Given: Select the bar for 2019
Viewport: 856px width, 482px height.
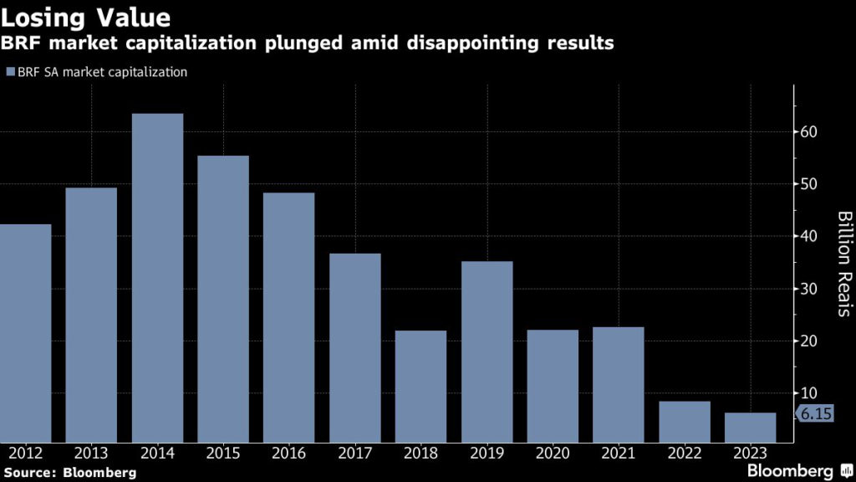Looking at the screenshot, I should (487, 351).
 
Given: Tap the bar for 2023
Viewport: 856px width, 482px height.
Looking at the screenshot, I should (750, 428).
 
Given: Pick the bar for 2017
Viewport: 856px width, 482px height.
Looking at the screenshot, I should (355, 348).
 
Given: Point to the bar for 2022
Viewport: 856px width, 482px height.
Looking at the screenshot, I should (685, 422).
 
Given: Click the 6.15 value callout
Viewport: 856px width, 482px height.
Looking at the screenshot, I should (815, 413).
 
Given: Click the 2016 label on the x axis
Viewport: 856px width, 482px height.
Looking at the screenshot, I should (289, 454).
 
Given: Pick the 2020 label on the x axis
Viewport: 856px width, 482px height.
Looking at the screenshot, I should (553, 454).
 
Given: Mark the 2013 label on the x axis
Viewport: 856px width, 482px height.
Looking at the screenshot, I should (92, 454).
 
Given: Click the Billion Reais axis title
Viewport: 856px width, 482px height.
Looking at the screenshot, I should (843, 264).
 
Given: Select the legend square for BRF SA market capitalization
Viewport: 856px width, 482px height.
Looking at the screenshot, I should (9, 72).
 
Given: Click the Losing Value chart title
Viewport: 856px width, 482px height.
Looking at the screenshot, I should (87, 17).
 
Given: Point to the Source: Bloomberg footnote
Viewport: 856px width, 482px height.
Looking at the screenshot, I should (69, 473).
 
